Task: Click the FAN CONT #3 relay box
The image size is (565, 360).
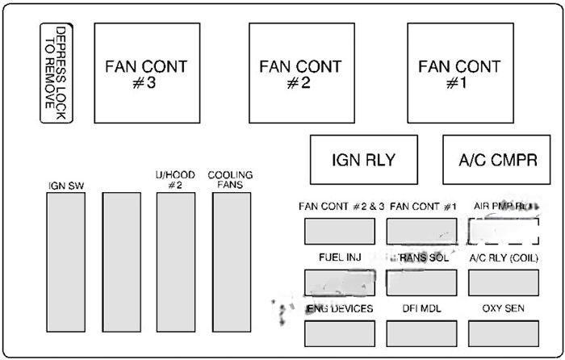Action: (147, 73)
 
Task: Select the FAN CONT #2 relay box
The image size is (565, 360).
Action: (301, 73)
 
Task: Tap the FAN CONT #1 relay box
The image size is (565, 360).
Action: (459, 73)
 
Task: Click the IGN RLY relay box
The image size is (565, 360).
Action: (364, 159)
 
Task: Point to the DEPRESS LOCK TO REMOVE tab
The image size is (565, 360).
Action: (56, 73)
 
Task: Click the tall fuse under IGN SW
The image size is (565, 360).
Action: (65, 264)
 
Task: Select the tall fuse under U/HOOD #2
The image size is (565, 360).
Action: (175, 264)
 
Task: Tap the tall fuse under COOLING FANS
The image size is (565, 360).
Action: (231, 264)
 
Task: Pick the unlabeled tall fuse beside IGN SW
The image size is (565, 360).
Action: (121, 264)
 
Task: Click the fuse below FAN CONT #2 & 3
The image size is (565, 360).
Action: (339, 231)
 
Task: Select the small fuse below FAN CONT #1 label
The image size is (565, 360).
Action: (422, 231)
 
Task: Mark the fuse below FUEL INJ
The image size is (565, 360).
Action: (339, 282)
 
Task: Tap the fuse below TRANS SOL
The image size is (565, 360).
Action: (422, 282)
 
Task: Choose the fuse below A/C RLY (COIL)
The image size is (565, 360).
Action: (504, 282)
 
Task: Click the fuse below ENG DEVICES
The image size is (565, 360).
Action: (339, 333)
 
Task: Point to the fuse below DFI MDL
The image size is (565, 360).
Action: (422, 333)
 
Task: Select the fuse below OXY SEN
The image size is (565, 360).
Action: (504, 333)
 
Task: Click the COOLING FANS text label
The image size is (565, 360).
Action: (230, 179)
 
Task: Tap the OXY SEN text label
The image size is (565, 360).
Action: (504, 308)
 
